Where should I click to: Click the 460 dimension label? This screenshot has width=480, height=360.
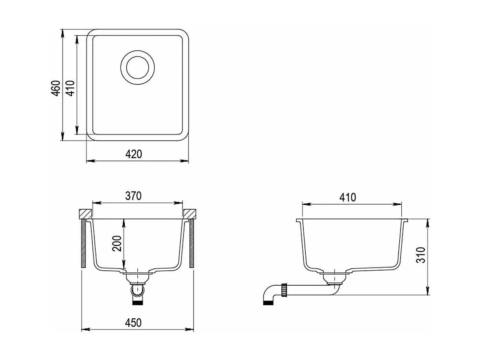(56, 88)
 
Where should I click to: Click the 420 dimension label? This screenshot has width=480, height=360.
(134, 154)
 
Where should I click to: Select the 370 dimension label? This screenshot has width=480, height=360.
(133, 196)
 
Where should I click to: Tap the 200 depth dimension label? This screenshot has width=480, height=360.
(117, 244)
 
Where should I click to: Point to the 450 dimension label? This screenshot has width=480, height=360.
(133, 323)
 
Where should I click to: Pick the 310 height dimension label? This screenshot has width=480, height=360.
(421, 255)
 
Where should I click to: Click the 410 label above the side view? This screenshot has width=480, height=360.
(348, 198)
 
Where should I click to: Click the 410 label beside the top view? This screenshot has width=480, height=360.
(70, 88)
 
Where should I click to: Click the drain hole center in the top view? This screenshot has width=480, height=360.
(138, 68)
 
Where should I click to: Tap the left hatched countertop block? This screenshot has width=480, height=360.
(85, 214)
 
